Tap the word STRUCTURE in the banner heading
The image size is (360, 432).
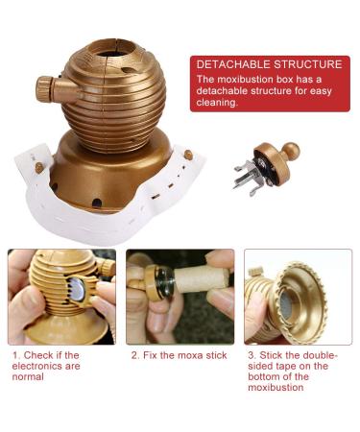pyautogui.click(x=306, y=64)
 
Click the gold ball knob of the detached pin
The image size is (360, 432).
pyautogui.click(x=289, y=152)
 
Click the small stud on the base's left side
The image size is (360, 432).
pyautogui.click(x=38, y=167)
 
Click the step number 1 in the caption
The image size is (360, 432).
pyautogui.click(x=15, y=355)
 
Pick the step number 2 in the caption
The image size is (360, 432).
pyautogui.click(x=133, y=355)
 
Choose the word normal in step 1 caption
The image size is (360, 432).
pyautogui.click(x=30, y=377)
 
